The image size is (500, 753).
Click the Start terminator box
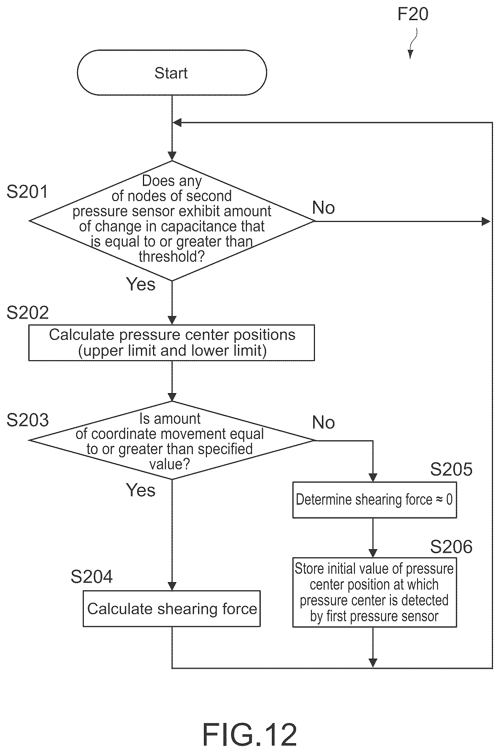pos(172,72)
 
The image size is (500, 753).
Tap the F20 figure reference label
pos(413,14)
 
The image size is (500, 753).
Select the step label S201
pos(27,192)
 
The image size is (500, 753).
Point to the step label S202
pos(28,313)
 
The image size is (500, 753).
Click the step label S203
pos(28,420)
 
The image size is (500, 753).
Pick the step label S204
pos(92,576)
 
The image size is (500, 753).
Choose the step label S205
pos(451,469)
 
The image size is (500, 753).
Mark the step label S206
pos(451,546)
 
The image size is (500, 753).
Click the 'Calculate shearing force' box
pos(172,609)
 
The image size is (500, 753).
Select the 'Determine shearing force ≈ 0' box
pos(374,500)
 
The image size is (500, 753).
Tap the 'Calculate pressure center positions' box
pos(172,343)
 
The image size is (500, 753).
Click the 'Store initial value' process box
pos(374,593)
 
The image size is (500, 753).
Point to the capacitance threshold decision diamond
pos(172,221)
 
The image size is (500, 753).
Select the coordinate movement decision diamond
pos(172,440)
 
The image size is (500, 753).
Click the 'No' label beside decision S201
pos(323,208)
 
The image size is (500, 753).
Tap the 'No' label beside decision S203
pos(323,422)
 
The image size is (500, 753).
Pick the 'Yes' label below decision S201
pos(141,284)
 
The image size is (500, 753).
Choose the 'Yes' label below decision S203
pos(141,490)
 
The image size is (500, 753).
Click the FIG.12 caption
pos(250,734)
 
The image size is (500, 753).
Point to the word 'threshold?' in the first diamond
pos(172,257)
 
